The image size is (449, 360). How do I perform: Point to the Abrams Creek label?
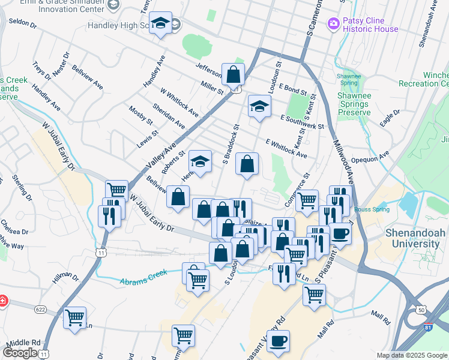pyautogui.click(x=143, y=279)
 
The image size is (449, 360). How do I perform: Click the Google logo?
pyautogui.click(x=20, y=353)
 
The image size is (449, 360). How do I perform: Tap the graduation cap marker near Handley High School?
pyautogui.click(x=160, y=24)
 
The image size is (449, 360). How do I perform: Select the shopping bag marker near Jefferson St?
pyautogui.click(x=234, y=75)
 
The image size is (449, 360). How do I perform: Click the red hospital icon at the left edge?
pyautogui.click(x=2, y=299)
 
